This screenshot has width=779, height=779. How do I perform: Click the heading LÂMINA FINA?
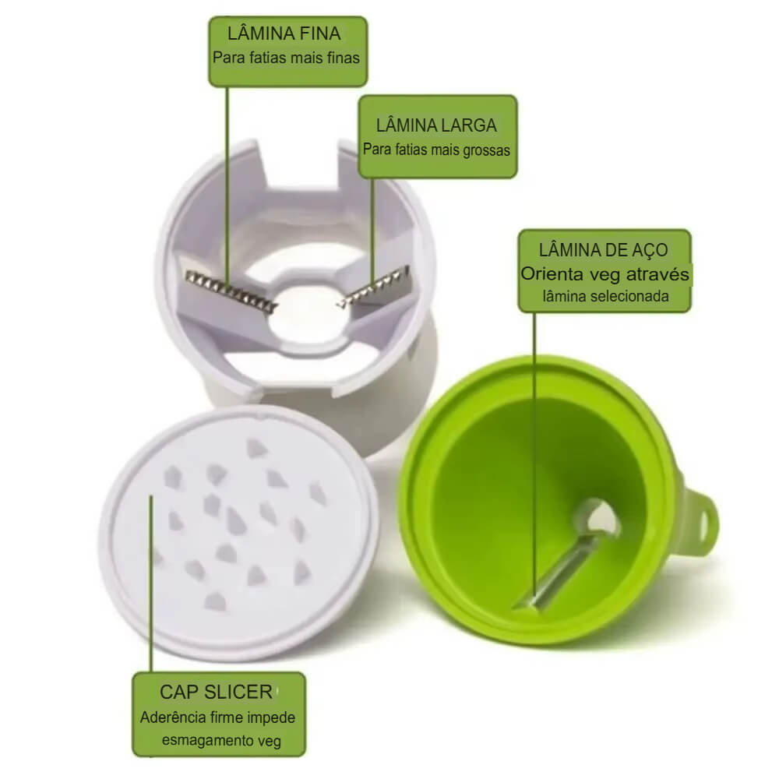(x=284, y=33)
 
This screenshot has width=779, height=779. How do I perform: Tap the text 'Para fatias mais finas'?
(x=286, y=58)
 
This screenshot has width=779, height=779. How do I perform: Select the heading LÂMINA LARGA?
(x=436, y=125)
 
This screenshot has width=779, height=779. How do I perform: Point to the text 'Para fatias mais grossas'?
(x=436, y=150)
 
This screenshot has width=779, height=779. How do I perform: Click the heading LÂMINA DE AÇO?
(x=604, y=250)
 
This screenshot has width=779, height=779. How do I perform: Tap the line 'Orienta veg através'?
(x=605, y=274)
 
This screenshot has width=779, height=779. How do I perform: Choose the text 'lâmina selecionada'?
(x=605, y=297)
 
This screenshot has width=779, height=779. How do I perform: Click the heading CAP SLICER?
(x=216, y=692)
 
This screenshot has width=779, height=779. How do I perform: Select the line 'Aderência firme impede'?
(x=217, y=717)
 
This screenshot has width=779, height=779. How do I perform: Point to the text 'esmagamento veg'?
(x=221, y=740)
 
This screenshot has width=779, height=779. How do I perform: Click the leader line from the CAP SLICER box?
(x=151, y=584)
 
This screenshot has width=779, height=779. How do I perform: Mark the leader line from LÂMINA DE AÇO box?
(x=534, y=454)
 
